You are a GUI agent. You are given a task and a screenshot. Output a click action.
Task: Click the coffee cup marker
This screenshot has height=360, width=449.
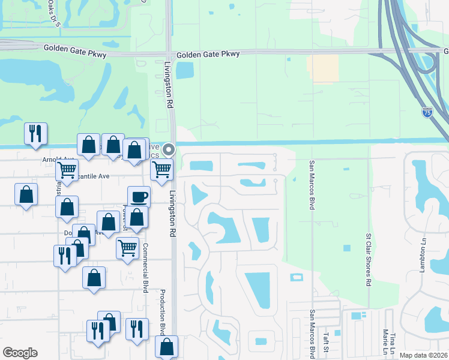click(139, 196)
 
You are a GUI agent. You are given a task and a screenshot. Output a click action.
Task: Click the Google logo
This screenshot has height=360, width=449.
click(20, 353)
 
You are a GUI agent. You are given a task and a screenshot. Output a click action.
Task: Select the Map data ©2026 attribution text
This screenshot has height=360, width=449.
click(424, 355)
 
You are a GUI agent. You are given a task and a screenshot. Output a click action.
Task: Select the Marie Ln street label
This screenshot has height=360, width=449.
click(385, 342)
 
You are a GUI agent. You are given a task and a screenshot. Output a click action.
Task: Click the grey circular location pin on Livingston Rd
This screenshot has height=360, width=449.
click(169, 150)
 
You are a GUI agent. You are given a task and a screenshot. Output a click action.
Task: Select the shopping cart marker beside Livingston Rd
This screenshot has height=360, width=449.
click(161, 170)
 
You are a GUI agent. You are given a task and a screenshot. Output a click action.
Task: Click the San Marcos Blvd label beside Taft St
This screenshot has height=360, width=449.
click(313, 334)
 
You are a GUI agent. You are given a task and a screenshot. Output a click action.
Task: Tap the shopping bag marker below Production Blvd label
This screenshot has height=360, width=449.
click(166, 346)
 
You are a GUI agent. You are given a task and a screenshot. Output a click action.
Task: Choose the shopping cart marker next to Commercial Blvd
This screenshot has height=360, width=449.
click(127, 247)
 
